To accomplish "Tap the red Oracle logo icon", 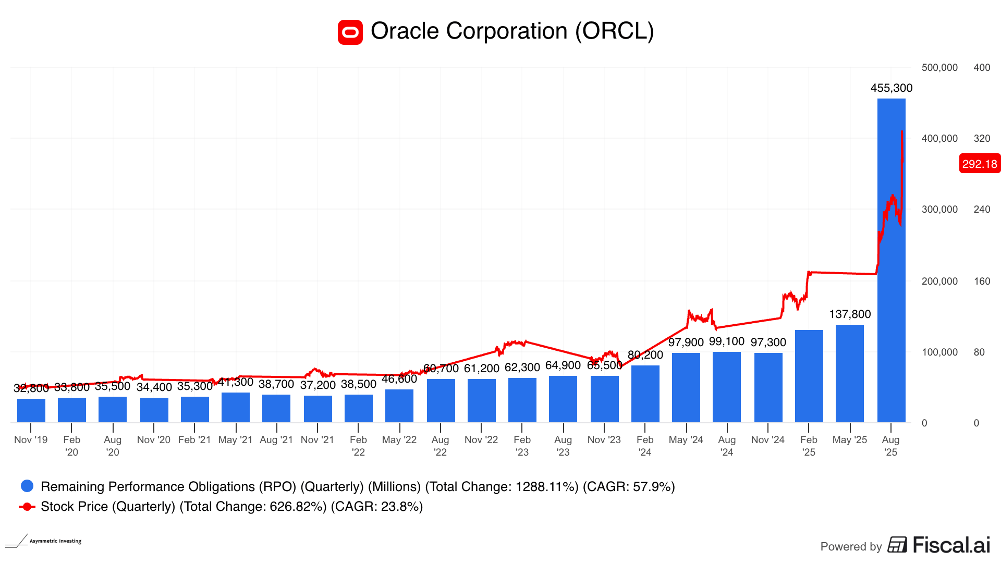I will click(350, 32).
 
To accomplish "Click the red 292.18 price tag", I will click(980, 164).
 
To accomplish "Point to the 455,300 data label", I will click(892, 88).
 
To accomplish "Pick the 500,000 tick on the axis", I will click(939, 68).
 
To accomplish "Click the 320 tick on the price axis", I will click(982, 139).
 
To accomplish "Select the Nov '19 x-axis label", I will click(31, 440).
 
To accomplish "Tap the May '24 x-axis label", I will click(686, 440).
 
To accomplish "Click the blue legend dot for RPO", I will click(27, 486).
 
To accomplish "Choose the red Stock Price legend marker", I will click(27, 507).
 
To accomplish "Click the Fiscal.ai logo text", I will click(951, 545).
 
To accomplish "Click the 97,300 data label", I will click(768, 342).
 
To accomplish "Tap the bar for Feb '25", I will click(809, 376).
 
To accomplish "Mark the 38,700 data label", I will click(276, 384).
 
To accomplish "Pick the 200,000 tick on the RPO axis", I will click(939, 281).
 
